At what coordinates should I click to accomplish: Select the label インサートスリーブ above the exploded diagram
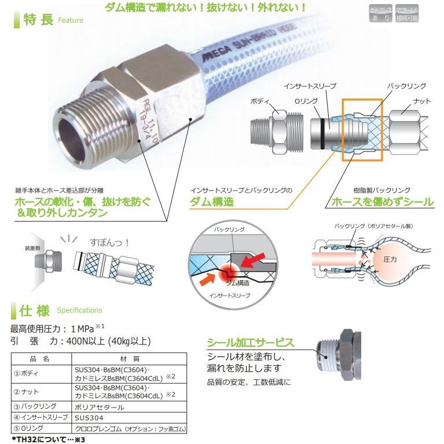click(x=309, y=86)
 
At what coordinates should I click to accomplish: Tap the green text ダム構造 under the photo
click(x=212, y=202)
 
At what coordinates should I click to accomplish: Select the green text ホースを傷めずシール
click(x=381, y=202)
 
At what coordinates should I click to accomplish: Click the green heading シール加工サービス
click(x=251, y=343)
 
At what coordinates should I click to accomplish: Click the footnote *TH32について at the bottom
click(x=41, y=439)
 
